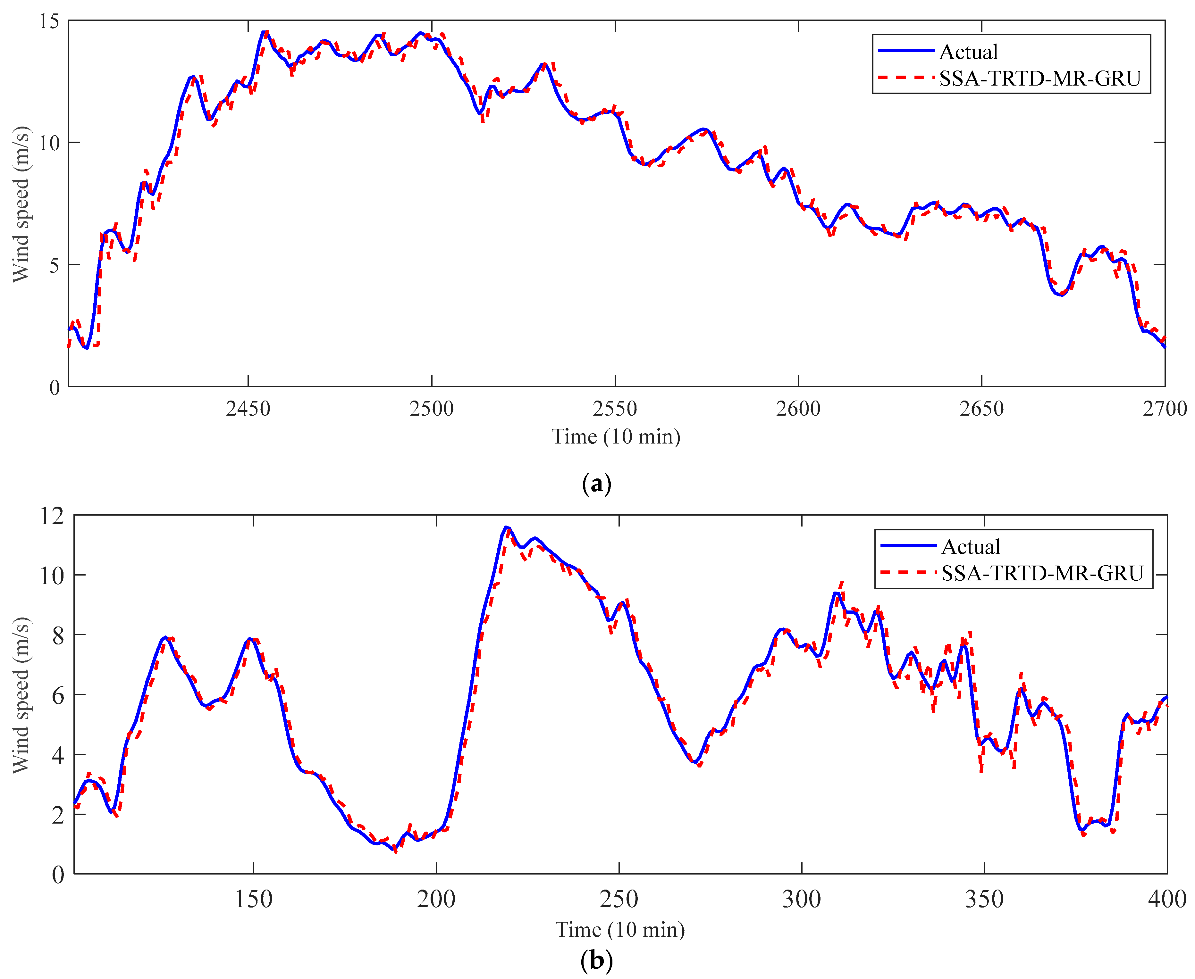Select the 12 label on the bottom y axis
point(51,516)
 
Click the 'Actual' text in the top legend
point(968,52)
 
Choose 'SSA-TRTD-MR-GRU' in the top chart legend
point(1040,79)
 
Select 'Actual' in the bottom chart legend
point(971,546)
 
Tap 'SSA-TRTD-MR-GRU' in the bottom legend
point(1042,573)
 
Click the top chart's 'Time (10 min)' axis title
point(616,436)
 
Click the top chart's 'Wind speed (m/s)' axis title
point(21,204)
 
